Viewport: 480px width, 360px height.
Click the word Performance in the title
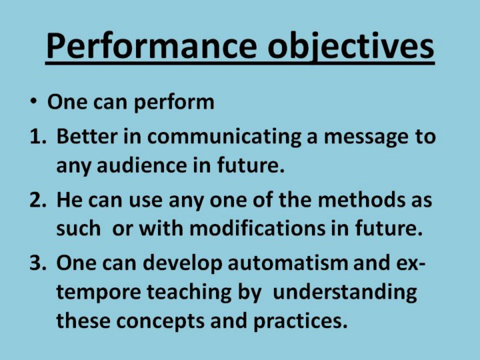tap(151, 45)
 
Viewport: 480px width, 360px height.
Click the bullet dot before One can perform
tap(33, 101)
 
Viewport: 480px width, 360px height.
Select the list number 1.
tap(37, 137)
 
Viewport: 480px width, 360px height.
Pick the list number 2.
tap(37, 200)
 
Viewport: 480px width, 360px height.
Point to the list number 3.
tap(37, 263)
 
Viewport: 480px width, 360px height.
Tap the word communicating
tap(225, 137)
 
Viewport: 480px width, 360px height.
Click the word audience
tap(141, 165)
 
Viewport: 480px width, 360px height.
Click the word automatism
tap(288, 263)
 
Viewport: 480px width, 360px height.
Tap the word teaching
tap(189, 293)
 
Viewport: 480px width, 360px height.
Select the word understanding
tap(345, 293)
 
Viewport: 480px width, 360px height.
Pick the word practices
tap(297, 322)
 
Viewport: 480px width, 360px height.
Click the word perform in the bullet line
tap(174, 103)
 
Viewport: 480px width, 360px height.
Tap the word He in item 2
tap(69, 199)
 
